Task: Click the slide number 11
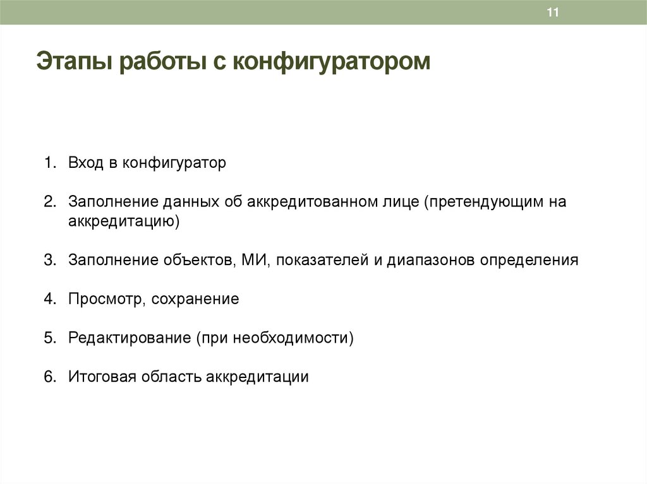pyautogui.click(x=553, y=13)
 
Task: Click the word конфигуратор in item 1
pyautogui.click(x=174, y=163)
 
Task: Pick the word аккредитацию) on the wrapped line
pyautogui.click(x=125, y=221)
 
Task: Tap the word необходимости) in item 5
pyautogui.click(x=293, y=338)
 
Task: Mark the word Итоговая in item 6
pyautogui.click(x=102, y=377)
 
